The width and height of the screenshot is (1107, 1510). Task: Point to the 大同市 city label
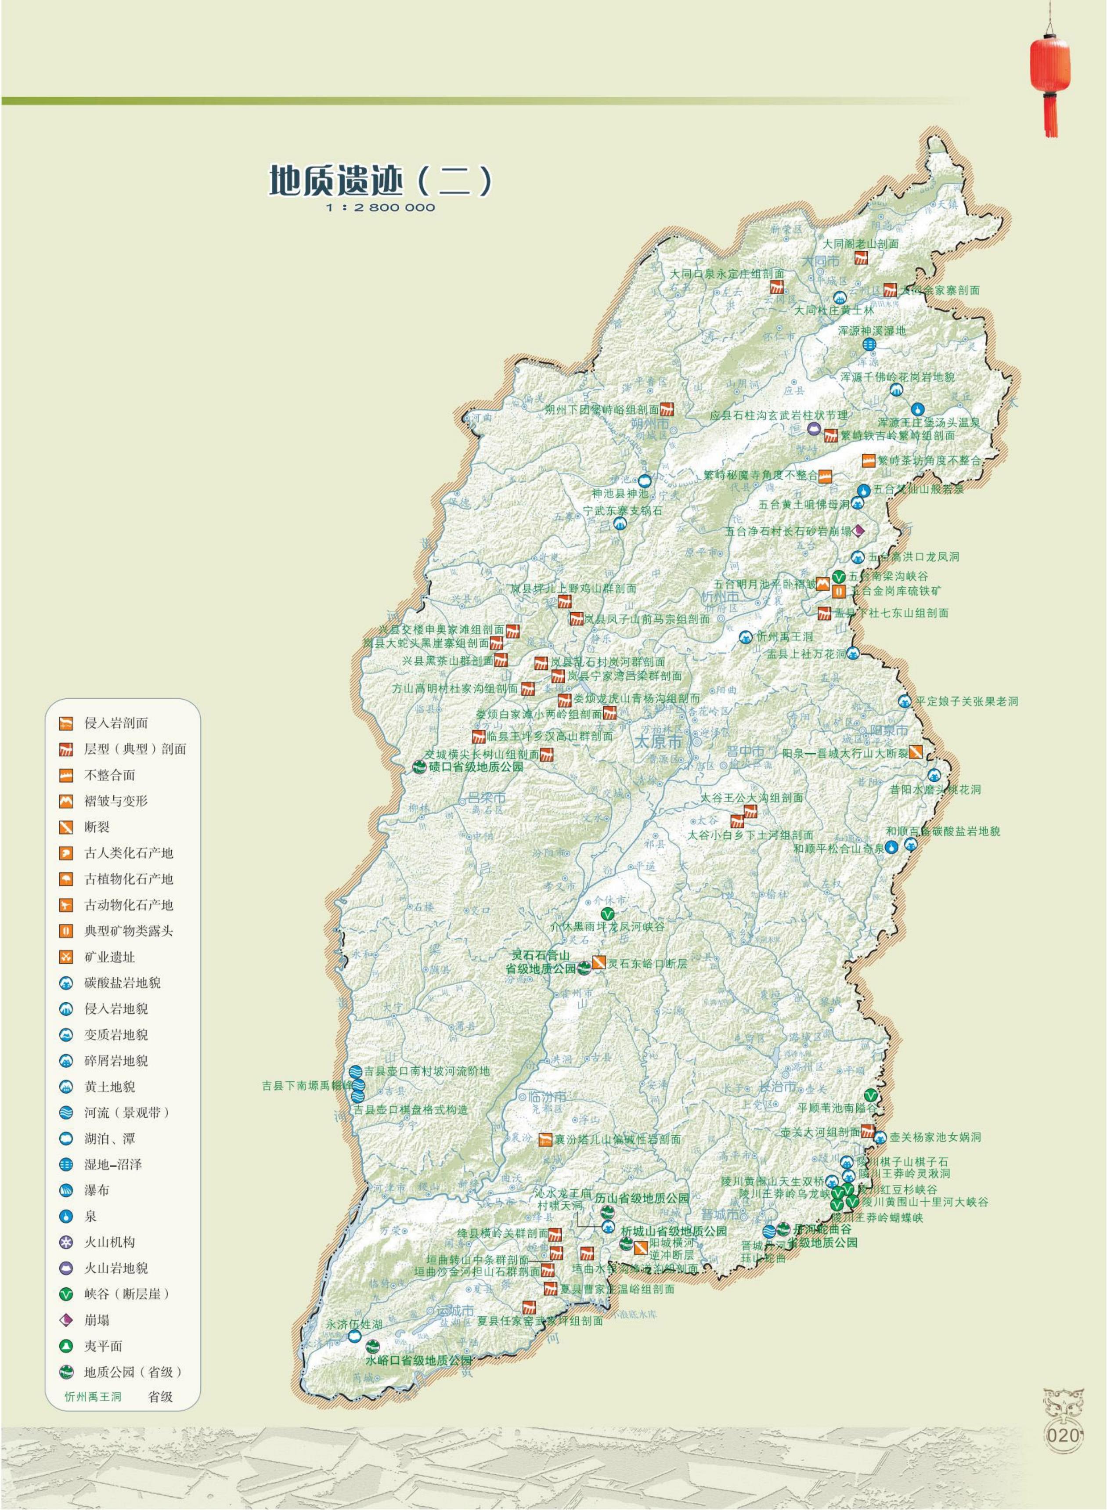[x=821, y=260]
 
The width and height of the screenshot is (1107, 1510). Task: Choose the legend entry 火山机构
[x=109, y=1242]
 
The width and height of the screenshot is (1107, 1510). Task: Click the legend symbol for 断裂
[x=66, y=827]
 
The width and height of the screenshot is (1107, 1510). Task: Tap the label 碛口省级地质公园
[x=476, y=767]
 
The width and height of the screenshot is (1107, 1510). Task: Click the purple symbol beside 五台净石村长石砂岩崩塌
[x=858, y=531]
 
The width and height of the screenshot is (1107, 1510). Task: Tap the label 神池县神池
[x=620, y=493]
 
